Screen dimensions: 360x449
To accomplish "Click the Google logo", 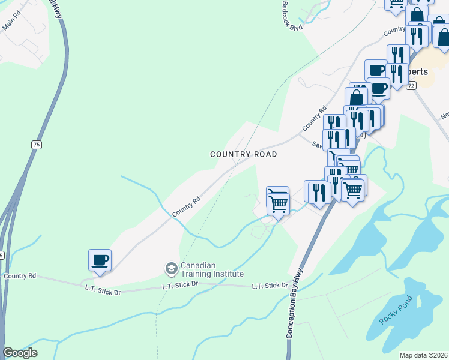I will (x=20, y=353).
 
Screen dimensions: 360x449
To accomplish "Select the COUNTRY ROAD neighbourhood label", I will (x=244, y=154).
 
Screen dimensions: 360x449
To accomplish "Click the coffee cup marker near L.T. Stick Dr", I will (x=100, y=261).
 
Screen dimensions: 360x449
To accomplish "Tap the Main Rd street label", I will (x=12, y=23).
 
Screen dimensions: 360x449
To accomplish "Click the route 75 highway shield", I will (x=37, y=145).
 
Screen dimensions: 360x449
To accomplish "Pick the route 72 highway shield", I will (x=411, y=86).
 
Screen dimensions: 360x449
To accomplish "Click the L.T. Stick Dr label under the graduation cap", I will (x=180, y=286).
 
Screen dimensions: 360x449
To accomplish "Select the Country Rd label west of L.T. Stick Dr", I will (x=19, y=276).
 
